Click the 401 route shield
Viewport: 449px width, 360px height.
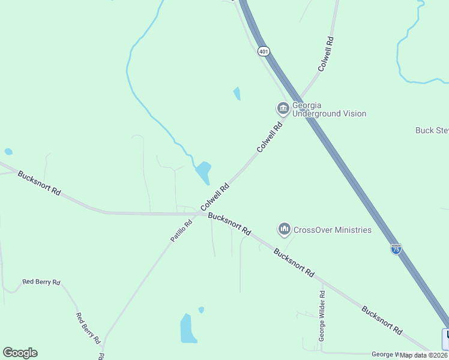click(x=264, y=52)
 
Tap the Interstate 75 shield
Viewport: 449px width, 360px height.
click(x=396, y=249)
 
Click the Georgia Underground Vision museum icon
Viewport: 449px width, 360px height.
click(x=283, y=109)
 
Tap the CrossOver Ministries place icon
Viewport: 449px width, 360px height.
click(x=284, y=229)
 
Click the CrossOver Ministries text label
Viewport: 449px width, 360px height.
click(x=333, y=230)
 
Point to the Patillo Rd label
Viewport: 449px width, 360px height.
click(x=181, y=230)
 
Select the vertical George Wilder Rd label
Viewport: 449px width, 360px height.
click(x=322, y=316)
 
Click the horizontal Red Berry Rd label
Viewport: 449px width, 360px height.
click(x=41, y=281)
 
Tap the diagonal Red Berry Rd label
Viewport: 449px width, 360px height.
click(x=88, y=328)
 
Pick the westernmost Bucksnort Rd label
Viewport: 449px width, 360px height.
click(x=39, y=184)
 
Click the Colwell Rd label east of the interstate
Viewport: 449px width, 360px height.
click(x=325, y=55)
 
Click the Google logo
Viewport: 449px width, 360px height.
click(x=20, y=353)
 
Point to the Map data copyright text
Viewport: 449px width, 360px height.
click(x=424, y=355)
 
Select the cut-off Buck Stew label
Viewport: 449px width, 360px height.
click(x=432, y=130)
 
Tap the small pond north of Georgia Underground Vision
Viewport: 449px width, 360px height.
click(x=237, y=94)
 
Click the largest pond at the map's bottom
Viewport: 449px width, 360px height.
click(x=188, y=329)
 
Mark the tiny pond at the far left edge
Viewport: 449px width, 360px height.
click(x=8, y=152)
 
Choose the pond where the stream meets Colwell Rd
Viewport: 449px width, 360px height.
click(x=203, y=173)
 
